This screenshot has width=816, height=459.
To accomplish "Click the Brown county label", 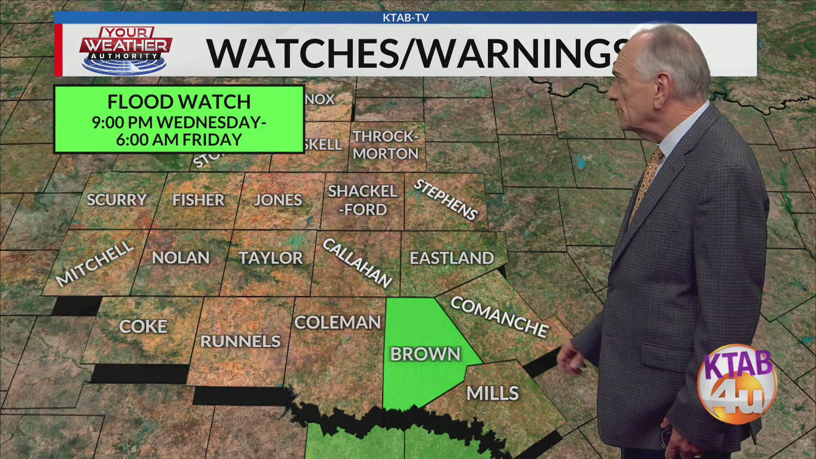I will (425, 354).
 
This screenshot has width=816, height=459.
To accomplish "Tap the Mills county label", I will (493, 393).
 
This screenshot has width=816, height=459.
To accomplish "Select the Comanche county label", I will (499, 317).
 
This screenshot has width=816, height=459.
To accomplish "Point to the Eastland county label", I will (452, 258).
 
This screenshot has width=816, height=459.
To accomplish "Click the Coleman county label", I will (337, 323).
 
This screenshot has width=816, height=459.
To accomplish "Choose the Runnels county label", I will (241, 341).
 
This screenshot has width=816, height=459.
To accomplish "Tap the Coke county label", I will (143, 326).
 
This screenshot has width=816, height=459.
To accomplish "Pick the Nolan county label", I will (181, 258).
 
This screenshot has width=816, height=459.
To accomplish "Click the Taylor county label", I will (271, 258).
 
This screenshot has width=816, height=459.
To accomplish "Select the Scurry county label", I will (116, 200).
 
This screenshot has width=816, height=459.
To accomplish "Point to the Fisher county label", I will (198, 200).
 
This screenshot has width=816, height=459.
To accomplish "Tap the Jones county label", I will (278, 200).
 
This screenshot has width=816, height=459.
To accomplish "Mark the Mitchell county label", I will (95, 263).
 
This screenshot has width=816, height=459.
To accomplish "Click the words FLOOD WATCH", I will (179, 102).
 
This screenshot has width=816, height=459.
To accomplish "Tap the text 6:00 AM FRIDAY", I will (179, 140).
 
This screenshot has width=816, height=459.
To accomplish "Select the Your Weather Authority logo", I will (126, 50).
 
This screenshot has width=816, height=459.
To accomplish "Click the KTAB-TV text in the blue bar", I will (405, 18).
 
